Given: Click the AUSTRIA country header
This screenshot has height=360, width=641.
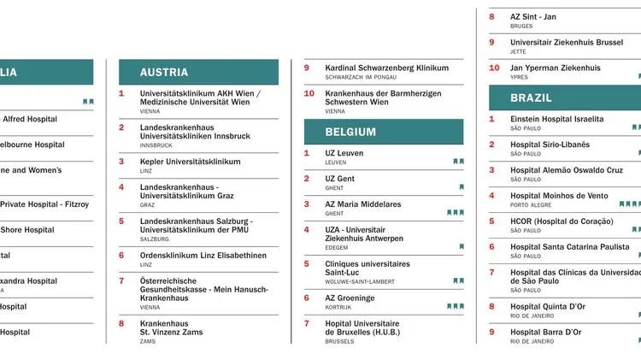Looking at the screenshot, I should point(164,72).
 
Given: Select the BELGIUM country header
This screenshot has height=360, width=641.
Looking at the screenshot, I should point(350,132).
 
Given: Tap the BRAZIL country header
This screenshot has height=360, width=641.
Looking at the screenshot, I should point(532,97).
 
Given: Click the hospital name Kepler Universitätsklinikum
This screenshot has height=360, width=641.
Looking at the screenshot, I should point(190,162).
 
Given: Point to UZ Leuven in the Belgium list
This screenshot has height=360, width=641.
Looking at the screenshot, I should point(344,153).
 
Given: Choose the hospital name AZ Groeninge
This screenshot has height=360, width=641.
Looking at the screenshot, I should point(350,298).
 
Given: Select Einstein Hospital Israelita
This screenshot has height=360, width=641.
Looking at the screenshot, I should point(556,119).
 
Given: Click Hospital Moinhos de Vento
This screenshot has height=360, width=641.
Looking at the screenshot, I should point(559,196).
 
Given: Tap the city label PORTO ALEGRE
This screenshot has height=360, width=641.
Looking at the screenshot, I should point(531,205).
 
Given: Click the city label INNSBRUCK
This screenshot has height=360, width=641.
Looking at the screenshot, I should point(156,145).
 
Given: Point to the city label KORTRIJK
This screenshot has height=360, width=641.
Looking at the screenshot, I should point(339,308).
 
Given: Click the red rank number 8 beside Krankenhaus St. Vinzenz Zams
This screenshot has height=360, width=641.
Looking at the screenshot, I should point(121,324).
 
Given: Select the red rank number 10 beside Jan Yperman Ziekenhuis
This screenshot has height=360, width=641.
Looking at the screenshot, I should point(494,68).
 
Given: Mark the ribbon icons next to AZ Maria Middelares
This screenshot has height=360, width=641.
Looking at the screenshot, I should point(456,212).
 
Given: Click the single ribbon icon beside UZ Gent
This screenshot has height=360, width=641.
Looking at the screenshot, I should point(462,186).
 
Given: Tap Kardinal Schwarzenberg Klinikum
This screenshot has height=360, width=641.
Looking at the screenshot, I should point(386,68).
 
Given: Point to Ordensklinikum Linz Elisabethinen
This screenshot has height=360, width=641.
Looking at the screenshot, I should point(203,256).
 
